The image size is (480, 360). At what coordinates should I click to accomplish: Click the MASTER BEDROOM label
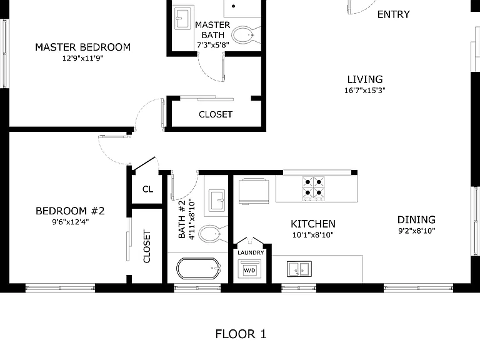82,47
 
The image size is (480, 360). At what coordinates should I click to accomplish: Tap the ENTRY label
393,14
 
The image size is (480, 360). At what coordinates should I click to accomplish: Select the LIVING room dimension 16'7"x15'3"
364,90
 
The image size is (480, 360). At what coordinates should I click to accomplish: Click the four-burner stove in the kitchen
313,188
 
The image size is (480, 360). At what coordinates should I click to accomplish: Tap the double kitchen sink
299,269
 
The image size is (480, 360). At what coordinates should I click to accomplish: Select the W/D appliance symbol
249,269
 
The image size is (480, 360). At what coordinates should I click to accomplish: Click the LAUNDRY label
251,252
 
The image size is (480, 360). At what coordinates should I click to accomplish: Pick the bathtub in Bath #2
198,269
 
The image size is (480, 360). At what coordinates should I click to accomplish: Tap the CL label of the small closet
148,189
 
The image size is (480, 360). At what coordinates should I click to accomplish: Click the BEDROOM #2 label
70,211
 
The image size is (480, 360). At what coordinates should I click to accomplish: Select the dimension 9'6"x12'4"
71,222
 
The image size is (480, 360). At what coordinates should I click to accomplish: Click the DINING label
416,220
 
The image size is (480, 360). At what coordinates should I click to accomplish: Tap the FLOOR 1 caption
241,334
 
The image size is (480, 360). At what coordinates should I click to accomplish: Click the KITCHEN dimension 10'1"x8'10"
313,235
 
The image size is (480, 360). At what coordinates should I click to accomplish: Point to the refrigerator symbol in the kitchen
254,191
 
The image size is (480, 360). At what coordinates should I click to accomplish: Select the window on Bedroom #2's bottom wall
60,288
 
